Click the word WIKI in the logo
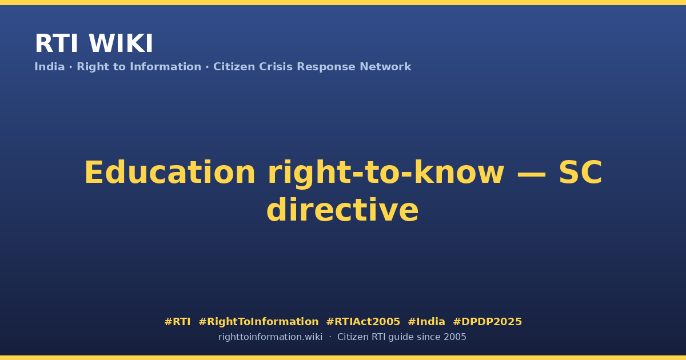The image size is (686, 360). (x=121, y=43)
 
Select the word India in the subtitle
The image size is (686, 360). (x=50, y=67)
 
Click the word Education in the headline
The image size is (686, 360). (x=170, y=173)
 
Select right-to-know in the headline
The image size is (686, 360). (x=386, y=173)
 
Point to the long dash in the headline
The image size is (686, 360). (x=531, y=174)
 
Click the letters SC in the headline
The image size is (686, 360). (x=580, y=173)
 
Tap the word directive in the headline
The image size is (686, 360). (x=342, y=209)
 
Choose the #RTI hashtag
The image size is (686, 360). (x=177, y=322)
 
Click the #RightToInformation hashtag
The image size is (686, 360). (x=258, y=322)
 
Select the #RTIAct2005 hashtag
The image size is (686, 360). (x=363, y=322)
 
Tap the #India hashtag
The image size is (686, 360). (x=426, y=322)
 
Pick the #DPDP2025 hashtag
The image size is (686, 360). (x=487, y=322)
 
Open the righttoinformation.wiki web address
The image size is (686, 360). (x=270, y=337)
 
